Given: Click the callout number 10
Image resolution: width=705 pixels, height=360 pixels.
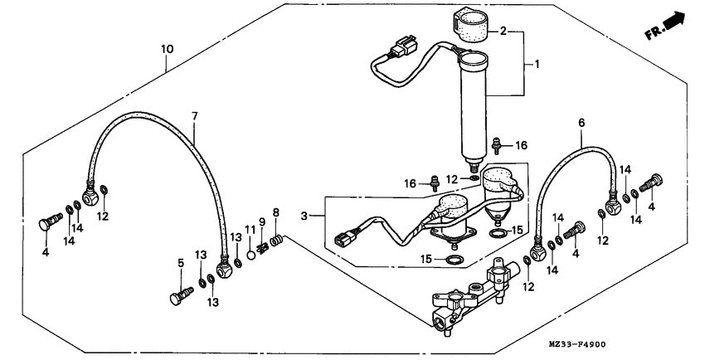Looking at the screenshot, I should [x=167, y=50].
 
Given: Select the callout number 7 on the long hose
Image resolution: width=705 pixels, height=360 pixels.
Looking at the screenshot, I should [x=194, y=116].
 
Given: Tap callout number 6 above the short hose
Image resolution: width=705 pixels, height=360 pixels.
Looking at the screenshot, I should [x=581, y=122].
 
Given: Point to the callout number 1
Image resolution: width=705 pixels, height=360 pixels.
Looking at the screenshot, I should [x=537, y=64].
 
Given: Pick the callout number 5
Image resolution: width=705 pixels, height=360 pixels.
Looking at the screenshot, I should [x=180, y=263].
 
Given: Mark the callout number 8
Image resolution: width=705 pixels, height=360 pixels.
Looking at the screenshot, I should [x=275, y=212].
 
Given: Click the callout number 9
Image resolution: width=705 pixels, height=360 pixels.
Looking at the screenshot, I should [x=260, y=222].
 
